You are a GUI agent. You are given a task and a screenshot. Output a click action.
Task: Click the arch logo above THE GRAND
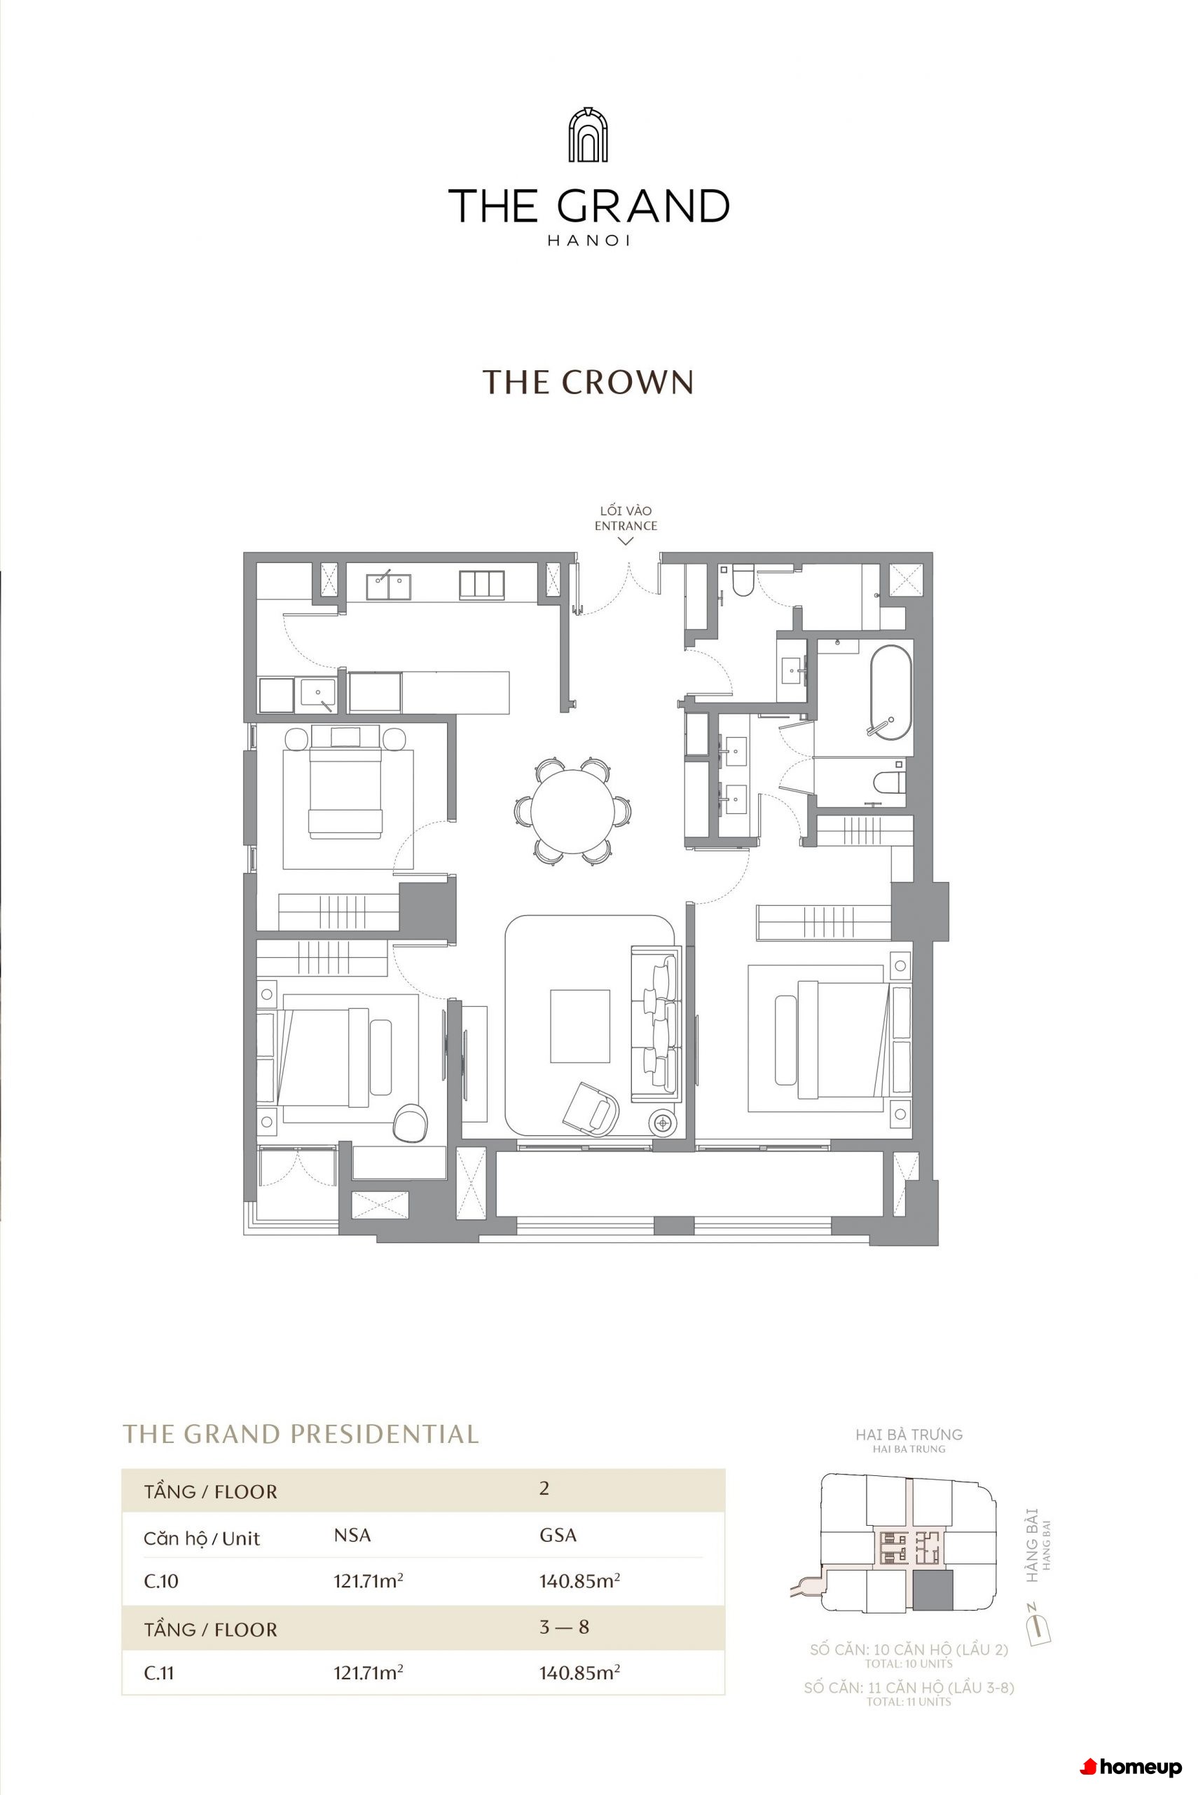click(x=588, y=135)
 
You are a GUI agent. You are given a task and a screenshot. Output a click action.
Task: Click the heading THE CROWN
click(x=588, y=382)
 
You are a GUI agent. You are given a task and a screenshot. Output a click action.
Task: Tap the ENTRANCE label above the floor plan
click(x=626, y=526)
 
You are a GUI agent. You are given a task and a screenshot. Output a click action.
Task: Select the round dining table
click(x=572, y=811)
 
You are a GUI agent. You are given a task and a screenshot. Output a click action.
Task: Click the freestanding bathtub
click(x=891, y=693)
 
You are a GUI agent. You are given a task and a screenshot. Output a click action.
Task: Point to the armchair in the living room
click(x=591, y=1109)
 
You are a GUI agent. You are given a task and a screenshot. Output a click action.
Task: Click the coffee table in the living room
click(x=580, y=1026)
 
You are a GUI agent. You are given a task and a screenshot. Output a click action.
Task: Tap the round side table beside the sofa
click(x=663, y=1123)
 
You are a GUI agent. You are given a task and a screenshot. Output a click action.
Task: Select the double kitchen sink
click(x=388, y=587)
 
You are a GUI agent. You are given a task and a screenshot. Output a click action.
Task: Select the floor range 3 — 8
click(x=564, y=1626)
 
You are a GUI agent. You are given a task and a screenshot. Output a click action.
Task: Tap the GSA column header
click(x=558, y=1534)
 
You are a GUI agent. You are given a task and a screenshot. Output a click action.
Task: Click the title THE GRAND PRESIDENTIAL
click(x=301, y=1433)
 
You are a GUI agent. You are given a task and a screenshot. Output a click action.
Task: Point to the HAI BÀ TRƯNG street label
click(x=909, y=1434)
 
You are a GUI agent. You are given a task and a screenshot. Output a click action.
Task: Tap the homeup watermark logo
click(x=1131, y=1767)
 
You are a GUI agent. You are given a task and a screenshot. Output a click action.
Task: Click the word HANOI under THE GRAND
click(x=588, y=240)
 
